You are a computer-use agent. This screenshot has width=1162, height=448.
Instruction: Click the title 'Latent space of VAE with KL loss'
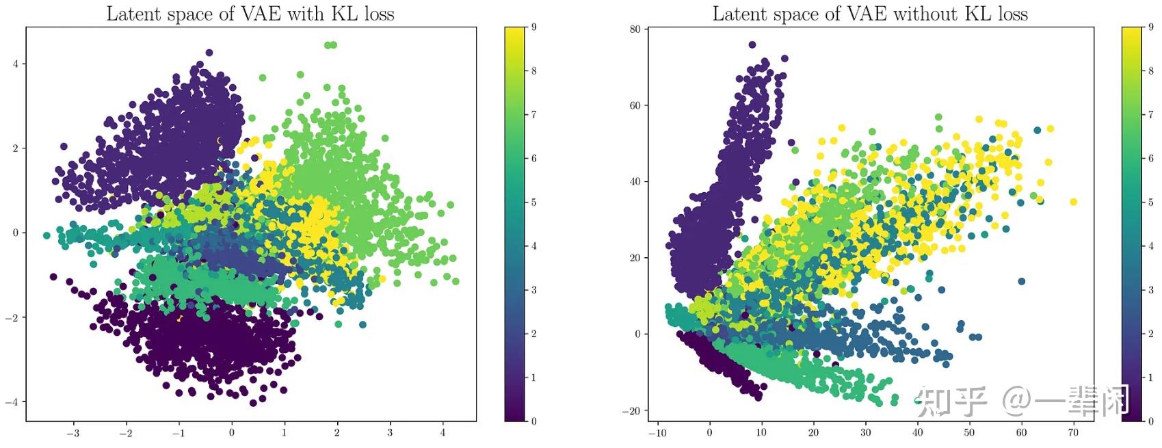pyautogui.click(x=250, y=14)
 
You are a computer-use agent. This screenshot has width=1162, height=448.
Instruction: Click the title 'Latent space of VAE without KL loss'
pyautogui.click(x=870, y=14)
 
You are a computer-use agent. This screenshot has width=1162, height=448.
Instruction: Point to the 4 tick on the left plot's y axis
pyautogui.click(x=15, y=64)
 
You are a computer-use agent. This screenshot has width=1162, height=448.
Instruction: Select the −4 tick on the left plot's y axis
pyautogui.click(x=12, y=401)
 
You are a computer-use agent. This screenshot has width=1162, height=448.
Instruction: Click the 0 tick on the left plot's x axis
pyautogui.click(x=232, y=432)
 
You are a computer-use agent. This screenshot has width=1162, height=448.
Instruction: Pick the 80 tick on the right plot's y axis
pyautogui.click(x=635, y=29)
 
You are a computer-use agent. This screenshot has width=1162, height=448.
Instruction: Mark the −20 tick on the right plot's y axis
pyautogui.click(x=631, y=411)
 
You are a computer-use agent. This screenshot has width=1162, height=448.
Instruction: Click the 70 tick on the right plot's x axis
pyautogui.click(x=1073, y=432)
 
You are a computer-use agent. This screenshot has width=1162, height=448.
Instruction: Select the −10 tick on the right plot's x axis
pyautogui.click(x=657, y=432)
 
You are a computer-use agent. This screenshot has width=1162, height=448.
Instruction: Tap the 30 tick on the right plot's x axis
pyautogui.click(x=865, y=432)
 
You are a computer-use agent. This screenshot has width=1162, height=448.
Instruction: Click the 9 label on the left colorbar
pyautogui.click(x=534, y=27)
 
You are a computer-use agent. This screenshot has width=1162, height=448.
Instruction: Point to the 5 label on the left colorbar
pyautogui.click(x=534, y=202)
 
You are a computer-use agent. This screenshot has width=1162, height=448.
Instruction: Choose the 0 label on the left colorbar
pyautogui.click(x=534, y=421)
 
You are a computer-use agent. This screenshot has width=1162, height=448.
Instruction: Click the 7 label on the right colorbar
pyautogui.click(x=1151, y=114)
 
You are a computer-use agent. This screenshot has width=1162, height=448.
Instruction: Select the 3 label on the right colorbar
pyautogui.click(x=1151, y=290)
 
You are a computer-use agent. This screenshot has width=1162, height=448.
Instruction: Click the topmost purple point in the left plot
pyautogui.click(x=209, y=53)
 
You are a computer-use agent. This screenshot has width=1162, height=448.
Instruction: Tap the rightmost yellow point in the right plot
pyautogui.click(x=1073, y=202)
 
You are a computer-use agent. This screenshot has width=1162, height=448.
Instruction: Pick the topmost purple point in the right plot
pyautogui.click(x=752, y=45)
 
